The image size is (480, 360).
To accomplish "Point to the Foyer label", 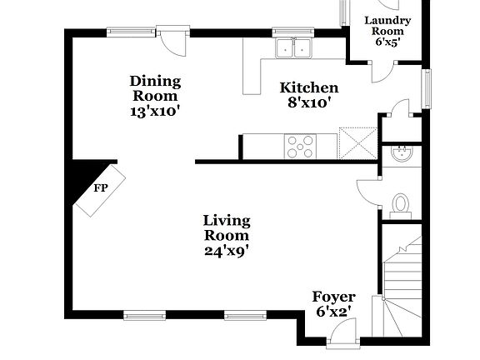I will (333, 297).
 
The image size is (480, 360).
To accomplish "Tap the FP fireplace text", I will (100, 188).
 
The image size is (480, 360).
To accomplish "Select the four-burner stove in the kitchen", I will (300, 147).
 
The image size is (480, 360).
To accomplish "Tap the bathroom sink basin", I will (402, 153).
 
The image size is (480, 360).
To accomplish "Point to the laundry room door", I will (380, 70).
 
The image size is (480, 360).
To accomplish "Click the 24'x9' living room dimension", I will (227, 248).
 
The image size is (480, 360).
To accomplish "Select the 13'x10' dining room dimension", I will (156, 110).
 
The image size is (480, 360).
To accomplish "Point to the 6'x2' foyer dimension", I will (333, 312).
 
